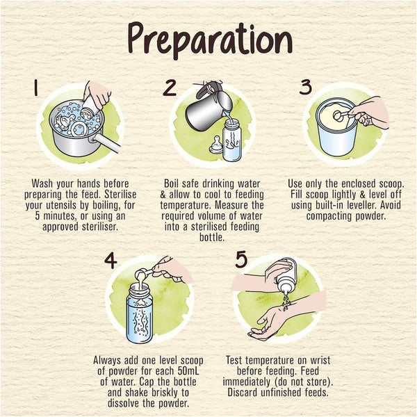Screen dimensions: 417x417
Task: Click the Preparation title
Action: pyautogui.click(x=210, y=40)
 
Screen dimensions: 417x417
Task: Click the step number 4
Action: pyautogui.click(x=111, y=260)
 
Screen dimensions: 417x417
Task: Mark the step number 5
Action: pyautogui.click(x=242, y=259)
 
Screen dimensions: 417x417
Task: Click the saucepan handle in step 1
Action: pyautogui.click(x=106, y=142)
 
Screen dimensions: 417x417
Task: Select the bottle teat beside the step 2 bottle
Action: pyautogui.click(x=215, y=145)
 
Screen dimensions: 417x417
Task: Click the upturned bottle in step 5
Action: pyautogui.click(x=286, y=276)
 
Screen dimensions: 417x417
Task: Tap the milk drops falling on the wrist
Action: pyautogui.click(x=286, y=302)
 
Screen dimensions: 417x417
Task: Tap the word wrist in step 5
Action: pyautogui.click(x=320, y=360)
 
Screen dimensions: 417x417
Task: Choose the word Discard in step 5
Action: pyautogui.click(x=243, y=393)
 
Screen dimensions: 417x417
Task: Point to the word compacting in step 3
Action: pyautogui.click(x=329, y=216)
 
